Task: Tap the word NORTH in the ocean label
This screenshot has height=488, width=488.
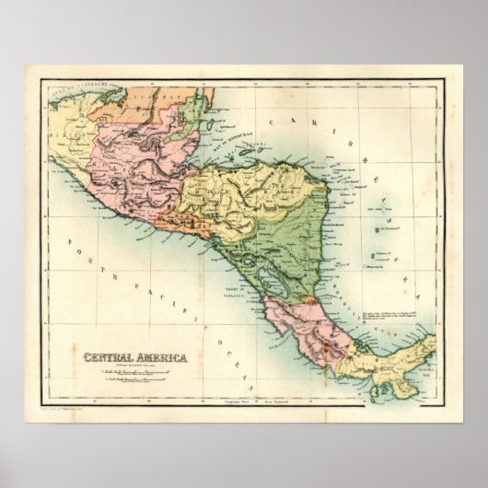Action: pyautogui.click(x=82, y=252)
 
